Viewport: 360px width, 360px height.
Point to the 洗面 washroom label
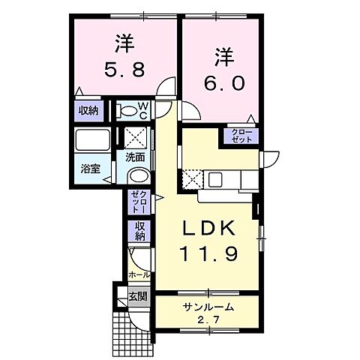pos(135,157)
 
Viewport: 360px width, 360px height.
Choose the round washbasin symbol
pos(137,176)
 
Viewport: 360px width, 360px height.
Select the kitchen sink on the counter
pos(216,180)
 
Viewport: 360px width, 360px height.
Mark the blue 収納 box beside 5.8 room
pos(87,111)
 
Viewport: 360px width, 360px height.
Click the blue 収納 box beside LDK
pos(139,231)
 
